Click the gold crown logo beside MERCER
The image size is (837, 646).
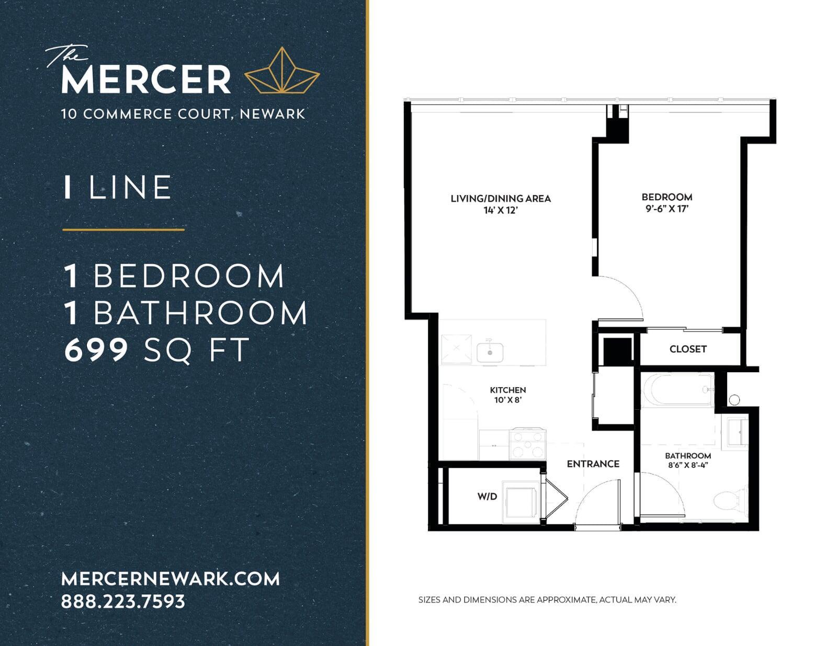pyautogui.click(x=281, y=71)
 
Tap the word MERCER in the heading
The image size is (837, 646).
pyautogui.click(x=146, y=79)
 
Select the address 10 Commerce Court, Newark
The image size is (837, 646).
pyautogui.click(x=183, y=114)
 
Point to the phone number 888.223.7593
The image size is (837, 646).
pyautogui.click(x=123, y=602)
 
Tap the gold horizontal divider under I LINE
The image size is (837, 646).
pyautogui.click(x=123, y=229)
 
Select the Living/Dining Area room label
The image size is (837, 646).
pyautogui.click(x=501, y=199)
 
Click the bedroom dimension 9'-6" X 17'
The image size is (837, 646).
pyautogui.click(x=667, y=209)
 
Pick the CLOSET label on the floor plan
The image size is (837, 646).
pyautogui.click(x=688, y=349)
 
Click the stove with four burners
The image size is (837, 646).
pyautogui.click(x=527, y=444)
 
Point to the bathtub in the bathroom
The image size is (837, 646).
pyautogui.click(x=677, y=390)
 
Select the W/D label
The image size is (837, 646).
pyautogui.click(x=487, y=497)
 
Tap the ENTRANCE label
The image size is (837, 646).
pyautogui.click(x=593, y=464)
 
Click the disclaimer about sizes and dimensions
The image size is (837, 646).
pyautogui.click(x=547, y=600)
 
